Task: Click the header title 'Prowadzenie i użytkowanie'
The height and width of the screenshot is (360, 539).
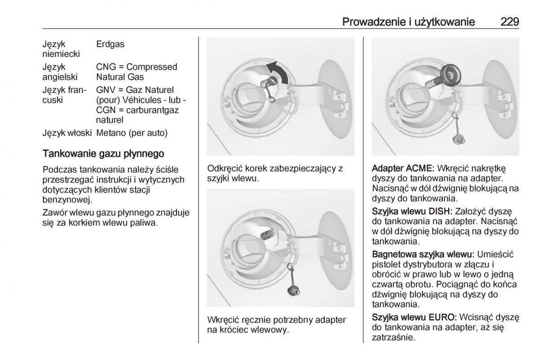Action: (408, 22)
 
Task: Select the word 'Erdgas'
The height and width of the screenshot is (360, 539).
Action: (110, 44)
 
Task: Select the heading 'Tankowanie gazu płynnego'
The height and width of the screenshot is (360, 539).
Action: (103, 154)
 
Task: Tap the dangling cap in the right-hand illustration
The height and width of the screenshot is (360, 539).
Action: (458, 140)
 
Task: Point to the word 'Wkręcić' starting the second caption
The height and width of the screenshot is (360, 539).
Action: (223, 320)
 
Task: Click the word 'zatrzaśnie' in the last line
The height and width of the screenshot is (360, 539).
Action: (393, 338)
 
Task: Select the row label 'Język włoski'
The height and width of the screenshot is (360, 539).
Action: (67, 133)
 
